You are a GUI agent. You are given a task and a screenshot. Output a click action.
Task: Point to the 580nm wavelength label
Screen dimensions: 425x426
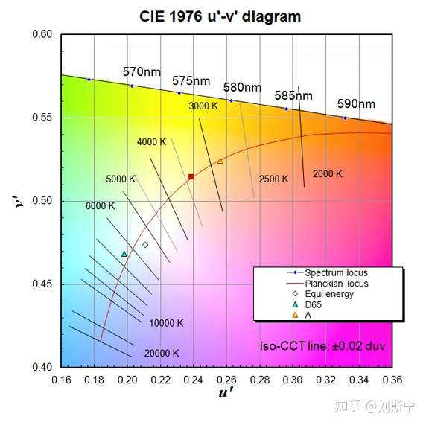242,87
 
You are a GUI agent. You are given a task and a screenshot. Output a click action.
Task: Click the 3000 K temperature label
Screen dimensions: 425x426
203,106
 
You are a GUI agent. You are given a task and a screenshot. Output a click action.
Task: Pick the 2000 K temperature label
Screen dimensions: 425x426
327,174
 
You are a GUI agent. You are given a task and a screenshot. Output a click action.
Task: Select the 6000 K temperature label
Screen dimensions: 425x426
101,205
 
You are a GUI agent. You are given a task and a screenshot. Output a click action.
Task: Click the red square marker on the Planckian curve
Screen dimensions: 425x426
191,176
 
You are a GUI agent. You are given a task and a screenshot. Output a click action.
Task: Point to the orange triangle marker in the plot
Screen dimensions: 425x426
220,161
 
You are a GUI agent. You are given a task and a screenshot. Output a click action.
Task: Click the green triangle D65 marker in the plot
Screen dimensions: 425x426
124,254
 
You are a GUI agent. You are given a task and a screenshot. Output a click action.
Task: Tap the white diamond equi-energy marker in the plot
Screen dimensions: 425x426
145,245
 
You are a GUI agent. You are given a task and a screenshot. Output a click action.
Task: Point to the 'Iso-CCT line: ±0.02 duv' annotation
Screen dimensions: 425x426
322,346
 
